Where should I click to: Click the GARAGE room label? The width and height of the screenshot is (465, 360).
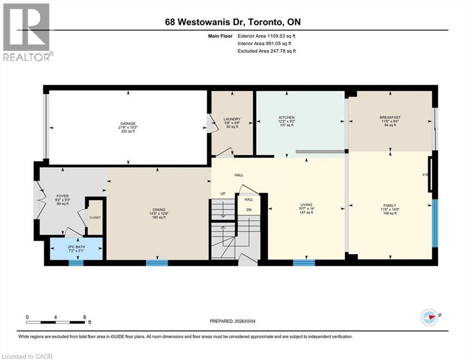[x=127, y=124]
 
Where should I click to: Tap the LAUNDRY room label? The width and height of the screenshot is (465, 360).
[x=232, y=119]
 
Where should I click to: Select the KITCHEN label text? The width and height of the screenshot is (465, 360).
[x=286, y=117]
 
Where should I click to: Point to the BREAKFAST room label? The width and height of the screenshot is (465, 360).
[x=390, y=117]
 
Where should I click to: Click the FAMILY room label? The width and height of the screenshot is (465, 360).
[x=390, y=205]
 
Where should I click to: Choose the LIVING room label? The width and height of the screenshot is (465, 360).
[x=306, y=205]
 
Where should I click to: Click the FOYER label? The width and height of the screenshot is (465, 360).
[x=62, y=196]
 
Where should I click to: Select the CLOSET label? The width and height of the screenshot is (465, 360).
[x=95, y=217]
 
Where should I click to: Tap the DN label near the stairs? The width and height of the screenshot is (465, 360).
[x=249, y=210]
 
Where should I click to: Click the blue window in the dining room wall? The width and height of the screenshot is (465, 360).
[x=156, y=262]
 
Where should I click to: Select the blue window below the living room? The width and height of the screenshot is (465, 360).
[x=304, y=262]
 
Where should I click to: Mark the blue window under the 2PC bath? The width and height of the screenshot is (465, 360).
[x=75, y=262]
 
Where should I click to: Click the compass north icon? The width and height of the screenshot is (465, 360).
[x=428, y=316]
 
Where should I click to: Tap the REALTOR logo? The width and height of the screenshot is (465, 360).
[x=27, y=32]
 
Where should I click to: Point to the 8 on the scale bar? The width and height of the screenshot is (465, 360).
[x=84, y=317]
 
